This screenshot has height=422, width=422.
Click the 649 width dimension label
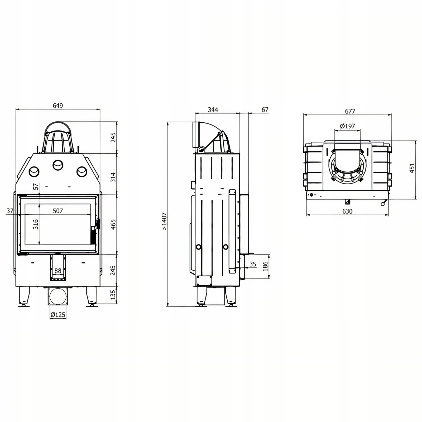(58, 105)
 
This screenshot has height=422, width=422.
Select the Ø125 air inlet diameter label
(58, 315)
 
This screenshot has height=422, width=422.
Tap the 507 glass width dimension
(58, 211)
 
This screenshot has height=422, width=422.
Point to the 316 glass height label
(36, 224)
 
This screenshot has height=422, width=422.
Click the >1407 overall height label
(164, 221)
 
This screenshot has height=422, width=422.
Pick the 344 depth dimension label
(213, 110)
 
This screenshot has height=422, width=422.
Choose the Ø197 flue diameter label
(347, 126)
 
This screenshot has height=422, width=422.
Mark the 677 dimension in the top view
(350, 111)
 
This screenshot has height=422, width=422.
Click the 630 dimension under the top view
(347, 211)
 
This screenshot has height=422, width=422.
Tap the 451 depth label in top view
(412, 168)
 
